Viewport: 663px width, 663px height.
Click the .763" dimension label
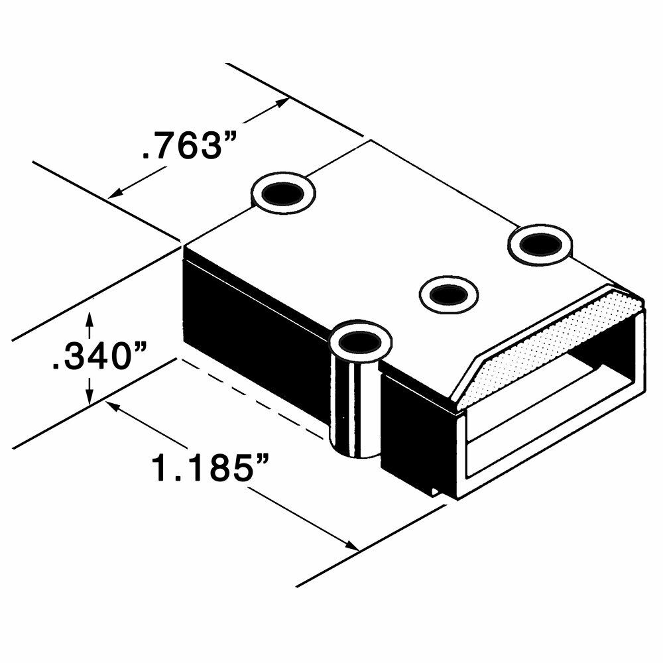coord(188,145)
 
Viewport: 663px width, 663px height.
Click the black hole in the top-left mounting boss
coord(282,194)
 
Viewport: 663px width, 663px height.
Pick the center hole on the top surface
coord(449,295)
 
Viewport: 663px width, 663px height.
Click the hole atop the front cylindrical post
coord(360,341)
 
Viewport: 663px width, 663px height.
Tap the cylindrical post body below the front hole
coord(355,406)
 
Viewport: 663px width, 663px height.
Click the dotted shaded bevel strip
coord(550,350)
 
